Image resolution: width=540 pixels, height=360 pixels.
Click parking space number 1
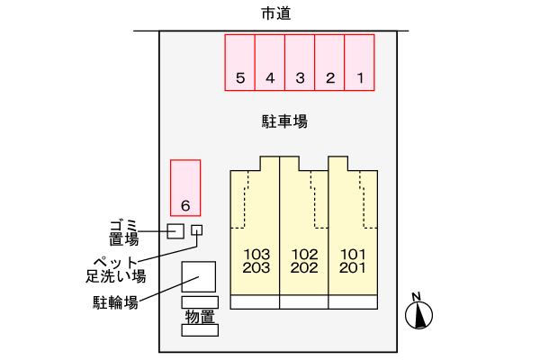[359, 62]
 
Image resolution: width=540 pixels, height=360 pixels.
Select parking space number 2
[329, 62]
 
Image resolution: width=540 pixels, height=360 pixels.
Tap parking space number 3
[300, 62]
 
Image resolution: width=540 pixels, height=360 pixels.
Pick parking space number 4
[270, 62]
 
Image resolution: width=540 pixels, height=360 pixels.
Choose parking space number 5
[239, 62]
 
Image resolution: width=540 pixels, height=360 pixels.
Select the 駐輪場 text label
[115, 301]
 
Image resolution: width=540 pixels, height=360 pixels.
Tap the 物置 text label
[200, 316]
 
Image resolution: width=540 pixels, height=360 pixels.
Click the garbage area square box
[175, 231]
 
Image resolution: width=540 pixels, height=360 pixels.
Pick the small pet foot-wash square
[197, 230]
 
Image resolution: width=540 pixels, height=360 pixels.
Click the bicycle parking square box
[199, 276]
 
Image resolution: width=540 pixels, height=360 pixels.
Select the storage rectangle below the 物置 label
[200, 330]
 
